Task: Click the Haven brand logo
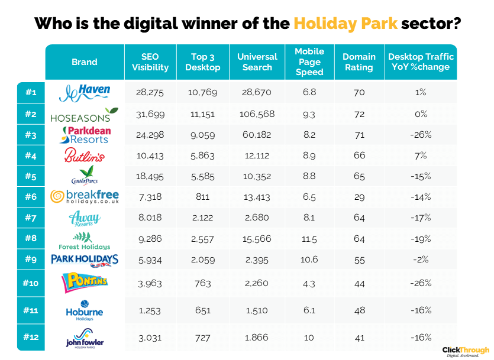tap(85, 92)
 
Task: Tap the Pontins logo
tap(85, 283)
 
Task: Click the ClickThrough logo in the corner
tap(466, 351)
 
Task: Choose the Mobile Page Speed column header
tap(309, 61)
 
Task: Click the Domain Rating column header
tap(359, 61)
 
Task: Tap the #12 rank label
tap(31, 337)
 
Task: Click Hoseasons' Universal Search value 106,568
tap(257, 113)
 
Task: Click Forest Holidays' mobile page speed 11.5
tap(309, 238)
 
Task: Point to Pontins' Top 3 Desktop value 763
tap(202, 283)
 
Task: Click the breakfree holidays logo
tap(85, 196)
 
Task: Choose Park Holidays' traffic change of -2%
tap(421, 259)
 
